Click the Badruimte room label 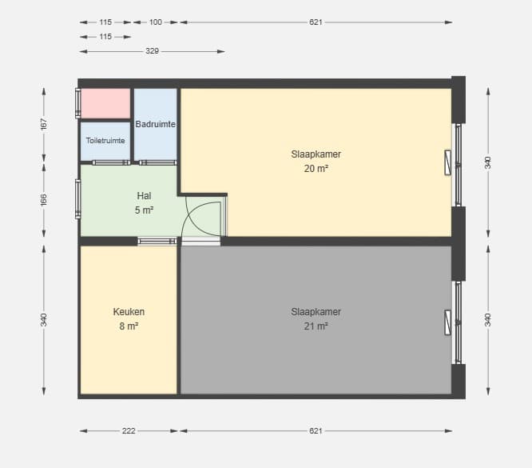pyautogui.click(x=156, y=124)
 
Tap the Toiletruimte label pyautogui.click(x=105, y=140)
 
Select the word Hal pyautogui.click(x=144, y=196)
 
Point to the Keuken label pyautogui.click(x=129, y=312)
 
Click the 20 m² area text pyautogui.click(x=316, y=168)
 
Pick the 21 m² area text pyautogui.click(x=316, y=326)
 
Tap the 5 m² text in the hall pyautogui.click(x=144, y=210)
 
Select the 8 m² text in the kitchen pyautogui.click(x=129, y=326)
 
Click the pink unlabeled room pyautogui.click(x=105, y=103)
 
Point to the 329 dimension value pyautogui.click(x=152, y=51)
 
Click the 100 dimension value pyautogui.click(x=156, y=22)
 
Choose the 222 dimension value pyautogui.click(x=129, y=431)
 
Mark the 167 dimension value pyautogui.click(x=43, y=124)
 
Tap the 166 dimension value pyautogui.click(x=43, y=200)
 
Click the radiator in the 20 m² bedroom pyautogui.click(x=448, y=162)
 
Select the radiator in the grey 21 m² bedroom pyautogui.click(x=448, y=322)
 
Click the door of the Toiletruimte pyautogui.click(x=111, y=162)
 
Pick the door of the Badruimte pyautogui.click(x=158, y=162)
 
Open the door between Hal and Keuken pyautogui.click(x=157, y=242)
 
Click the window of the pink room pyautogui.click(x=77, y=103)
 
